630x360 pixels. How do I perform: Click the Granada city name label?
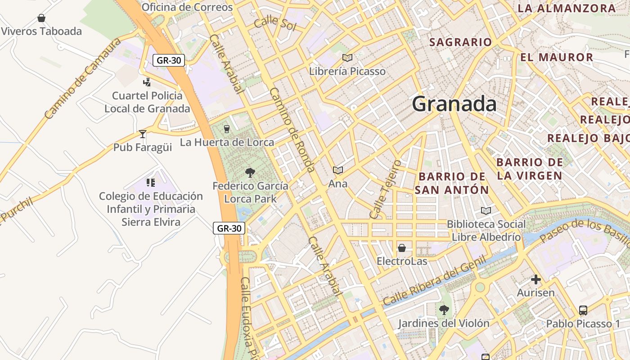(454, 104)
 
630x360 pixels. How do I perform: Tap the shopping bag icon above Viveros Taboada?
(41, 18)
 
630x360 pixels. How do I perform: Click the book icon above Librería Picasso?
(347, 58)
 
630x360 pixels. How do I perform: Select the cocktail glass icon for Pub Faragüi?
(143, 134)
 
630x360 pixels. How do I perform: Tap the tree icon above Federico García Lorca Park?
(250, 172)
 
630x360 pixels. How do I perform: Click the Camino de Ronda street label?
(292, 130)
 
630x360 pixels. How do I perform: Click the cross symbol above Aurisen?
(535, 279)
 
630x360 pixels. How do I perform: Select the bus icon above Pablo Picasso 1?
(583, 310)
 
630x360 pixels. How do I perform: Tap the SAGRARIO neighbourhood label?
(460, 42)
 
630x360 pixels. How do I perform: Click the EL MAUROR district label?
(557, 57)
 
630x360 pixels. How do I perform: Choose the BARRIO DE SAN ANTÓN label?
(451, 183)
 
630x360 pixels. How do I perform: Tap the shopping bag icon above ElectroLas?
(402, 248)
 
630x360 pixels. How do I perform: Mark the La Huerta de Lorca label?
(227, 142)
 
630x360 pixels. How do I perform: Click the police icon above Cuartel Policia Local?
(147, 82)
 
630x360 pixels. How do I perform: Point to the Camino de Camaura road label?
(83, 79)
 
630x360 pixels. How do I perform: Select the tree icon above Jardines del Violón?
(444, 310)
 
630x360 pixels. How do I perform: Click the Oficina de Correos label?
(187, 7)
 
